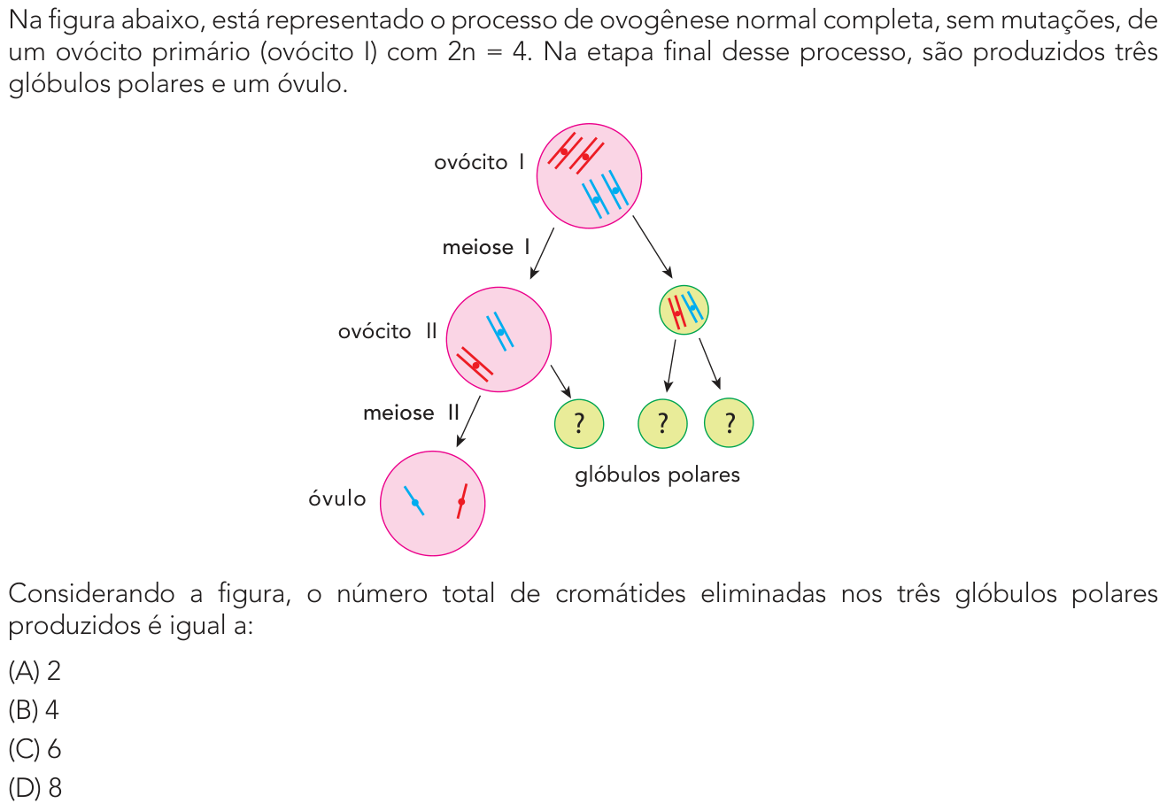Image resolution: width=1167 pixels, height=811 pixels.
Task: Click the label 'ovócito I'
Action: tap(479, 163)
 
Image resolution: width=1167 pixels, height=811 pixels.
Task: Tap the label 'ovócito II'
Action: tap(387, 331)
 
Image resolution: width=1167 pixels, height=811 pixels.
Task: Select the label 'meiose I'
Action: tap(486, 247)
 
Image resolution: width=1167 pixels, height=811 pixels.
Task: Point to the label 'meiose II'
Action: tap(411, 413)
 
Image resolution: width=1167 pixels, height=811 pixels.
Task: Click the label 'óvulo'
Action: tap(337, 498)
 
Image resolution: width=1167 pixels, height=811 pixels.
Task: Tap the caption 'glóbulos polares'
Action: tap(657, 475)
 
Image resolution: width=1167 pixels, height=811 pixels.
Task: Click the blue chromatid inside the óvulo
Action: tap(414, 501)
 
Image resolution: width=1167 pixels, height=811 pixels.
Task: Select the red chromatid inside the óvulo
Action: tap(461, 501)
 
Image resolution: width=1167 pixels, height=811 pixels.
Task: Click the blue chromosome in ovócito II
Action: tap(500, 331)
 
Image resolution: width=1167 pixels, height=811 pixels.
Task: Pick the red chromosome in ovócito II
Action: tap(475, 365)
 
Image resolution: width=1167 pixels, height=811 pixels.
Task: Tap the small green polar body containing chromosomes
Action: tap(684, 310)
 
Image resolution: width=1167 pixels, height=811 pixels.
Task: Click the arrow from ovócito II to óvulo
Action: tap(468, 421)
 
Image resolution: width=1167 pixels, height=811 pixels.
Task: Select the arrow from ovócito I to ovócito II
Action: tap(542, 253)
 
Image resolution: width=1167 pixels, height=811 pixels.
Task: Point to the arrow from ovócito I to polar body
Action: tap(653, 247)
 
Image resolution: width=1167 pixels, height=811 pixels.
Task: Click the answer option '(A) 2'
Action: tap(35, 670)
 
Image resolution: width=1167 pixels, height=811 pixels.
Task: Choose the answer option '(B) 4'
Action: tap(34, 709)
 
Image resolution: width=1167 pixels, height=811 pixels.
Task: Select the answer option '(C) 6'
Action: tap(35, 748)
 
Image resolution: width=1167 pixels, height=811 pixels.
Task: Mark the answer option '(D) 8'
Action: tap(35, 788)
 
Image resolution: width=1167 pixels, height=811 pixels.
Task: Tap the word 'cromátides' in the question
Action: tap(620, 593)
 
